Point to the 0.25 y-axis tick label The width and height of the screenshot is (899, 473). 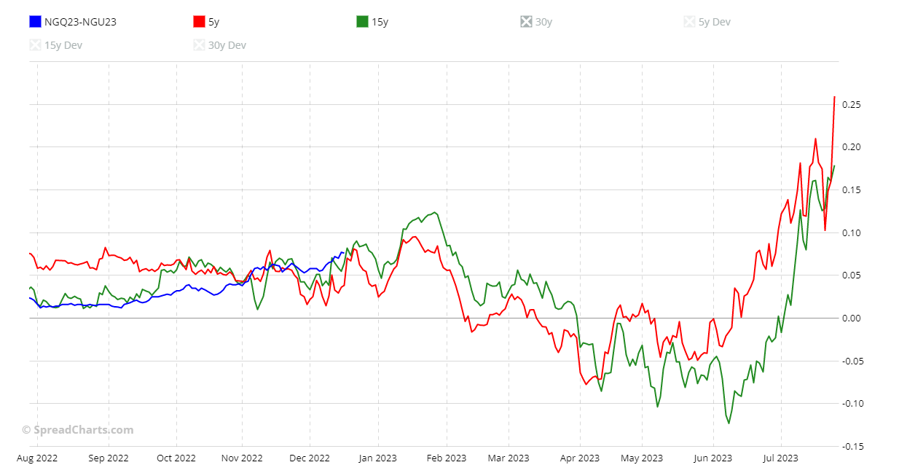click(x=852, y=105)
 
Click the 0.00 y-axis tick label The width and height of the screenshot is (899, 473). click(x=852, y=318)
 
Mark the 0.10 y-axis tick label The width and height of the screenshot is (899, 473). click(x=852, y=233)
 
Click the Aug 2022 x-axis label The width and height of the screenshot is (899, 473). click(x=37, y=458)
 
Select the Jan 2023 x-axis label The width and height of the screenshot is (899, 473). click(x=378, y=458)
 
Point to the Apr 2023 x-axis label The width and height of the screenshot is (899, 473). click(x=580, y=458)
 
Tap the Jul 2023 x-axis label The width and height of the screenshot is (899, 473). click(x=781, y=458)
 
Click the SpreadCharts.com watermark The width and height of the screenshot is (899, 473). click(x=77, y=430)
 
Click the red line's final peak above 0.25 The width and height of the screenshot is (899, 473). click(x=834, y=97)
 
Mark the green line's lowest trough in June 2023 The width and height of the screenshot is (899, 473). click(x=729, y=423)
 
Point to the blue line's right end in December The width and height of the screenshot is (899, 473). click(x=343, y=253)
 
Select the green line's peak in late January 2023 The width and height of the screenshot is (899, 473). click(x=435, y=212)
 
